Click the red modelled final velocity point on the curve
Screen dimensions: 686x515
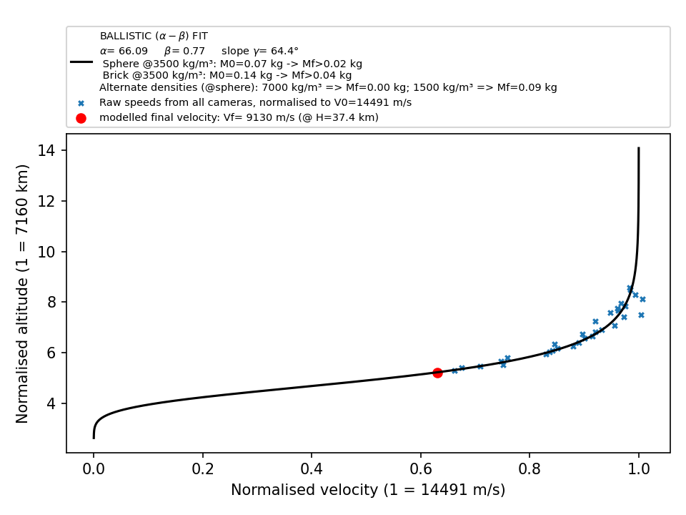pos(437,373)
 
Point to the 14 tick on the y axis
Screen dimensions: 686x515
pos(64,150)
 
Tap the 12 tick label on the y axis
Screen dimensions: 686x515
pos(47,201)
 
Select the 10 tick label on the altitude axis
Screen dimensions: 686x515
pos(47,252)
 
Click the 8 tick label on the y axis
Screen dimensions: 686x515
pos(51,302)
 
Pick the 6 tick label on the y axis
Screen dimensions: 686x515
pos(51,353)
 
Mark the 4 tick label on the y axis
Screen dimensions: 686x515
pos(51,403)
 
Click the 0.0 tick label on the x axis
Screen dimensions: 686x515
pos(94,469)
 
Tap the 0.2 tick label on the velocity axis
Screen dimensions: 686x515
pos(202,469)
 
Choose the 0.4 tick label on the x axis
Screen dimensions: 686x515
pos(312,469)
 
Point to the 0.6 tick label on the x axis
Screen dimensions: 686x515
pos(420,469)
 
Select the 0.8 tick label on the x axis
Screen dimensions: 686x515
pos(530,469)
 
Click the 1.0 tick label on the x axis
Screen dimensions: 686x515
pos(639,469)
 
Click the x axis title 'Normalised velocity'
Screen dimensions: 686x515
pos(304,489)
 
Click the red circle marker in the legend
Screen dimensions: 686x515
pos(81,118)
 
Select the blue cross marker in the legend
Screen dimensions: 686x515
pos(81,103)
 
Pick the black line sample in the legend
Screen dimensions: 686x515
pos(81,62)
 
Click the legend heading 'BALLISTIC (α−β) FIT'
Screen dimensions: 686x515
pos(154,36)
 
